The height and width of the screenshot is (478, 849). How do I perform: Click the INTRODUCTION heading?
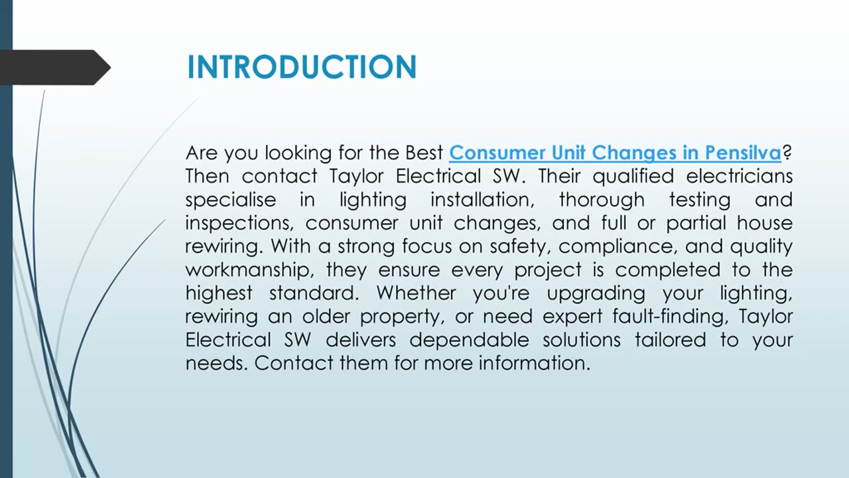(x=302, y=67)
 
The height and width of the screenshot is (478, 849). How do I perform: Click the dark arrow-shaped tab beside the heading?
(x=55, y=67)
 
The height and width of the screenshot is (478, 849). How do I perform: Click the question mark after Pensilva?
(x=787, y=153)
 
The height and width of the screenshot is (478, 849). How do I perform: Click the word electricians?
(x=739, y=177)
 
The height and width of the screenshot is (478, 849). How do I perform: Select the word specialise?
(x=230, y=200)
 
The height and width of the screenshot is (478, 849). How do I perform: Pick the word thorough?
(x=602, y=200)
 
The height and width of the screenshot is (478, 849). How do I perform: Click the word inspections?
(x=239, y=224)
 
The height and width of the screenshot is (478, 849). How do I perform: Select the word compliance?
(x=618, y=247)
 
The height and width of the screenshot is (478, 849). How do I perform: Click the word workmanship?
(x=250, y=270)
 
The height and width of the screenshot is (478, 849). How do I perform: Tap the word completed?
(x=667, y=270)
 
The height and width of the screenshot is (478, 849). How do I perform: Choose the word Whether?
(x=416, y=293)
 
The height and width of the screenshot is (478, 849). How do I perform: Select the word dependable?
(x=469, y=341)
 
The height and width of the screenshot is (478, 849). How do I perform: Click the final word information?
(x=535, y=363)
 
